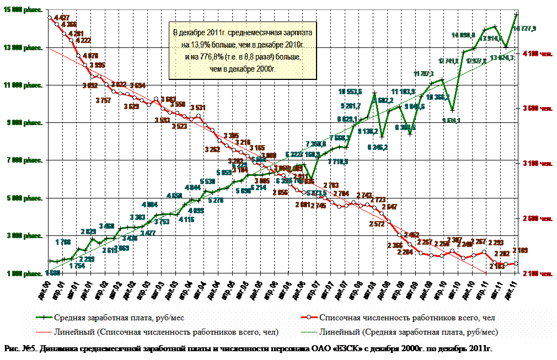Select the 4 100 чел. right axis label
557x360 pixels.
(x=537, y=53)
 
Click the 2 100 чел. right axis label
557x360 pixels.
(x=537, y=274)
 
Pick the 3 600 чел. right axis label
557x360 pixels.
(x=537, y=109)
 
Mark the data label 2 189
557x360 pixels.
(x=521, y=251)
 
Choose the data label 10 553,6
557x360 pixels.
(x=350, y=92)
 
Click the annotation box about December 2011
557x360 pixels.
(x=242, y=50)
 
